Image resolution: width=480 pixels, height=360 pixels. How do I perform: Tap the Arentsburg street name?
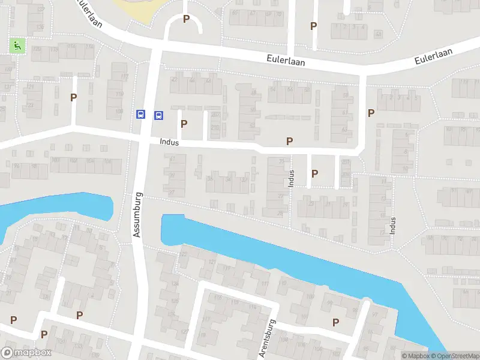pos(266,338)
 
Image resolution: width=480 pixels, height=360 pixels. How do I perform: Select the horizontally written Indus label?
pos(170,142)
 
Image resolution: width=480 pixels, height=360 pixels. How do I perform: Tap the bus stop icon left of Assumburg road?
pos(140,115)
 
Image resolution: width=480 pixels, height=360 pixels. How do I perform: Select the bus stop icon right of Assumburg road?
pos(159,115)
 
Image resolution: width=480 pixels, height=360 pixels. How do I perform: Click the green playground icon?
pos(17,44)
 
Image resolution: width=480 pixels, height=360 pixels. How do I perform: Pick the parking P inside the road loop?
pos(186,19)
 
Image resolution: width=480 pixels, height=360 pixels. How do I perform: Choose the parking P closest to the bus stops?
pos(184,124)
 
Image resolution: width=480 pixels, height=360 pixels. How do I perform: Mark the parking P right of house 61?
pos(371,113)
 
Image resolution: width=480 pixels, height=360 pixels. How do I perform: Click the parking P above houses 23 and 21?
pos(314,173)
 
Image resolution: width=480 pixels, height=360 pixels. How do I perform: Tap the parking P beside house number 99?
pos(335,322)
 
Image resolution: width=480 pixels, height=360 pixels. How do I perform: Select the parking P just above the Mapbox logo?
pos(44,334)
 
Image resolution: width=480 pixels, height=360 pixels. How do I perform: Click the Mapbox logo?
pos(26,353)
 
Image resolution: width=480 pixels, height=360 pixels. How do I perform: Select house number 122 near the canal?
pos(184,254)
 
